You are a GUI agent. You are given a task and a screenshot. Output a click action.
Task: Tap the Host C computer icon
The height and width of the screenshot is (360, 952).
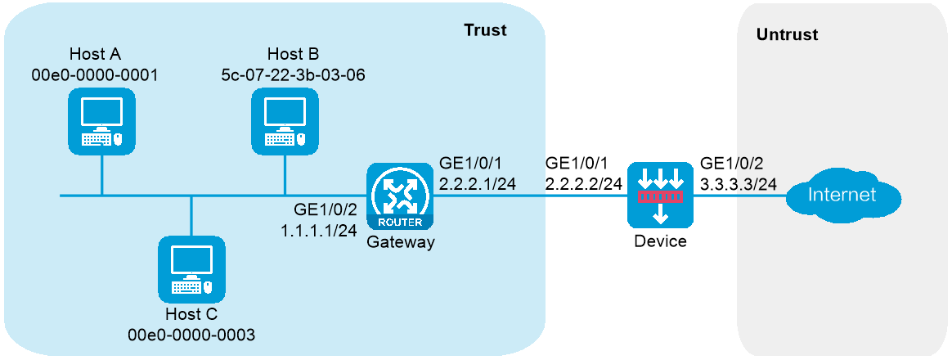coord(191,269)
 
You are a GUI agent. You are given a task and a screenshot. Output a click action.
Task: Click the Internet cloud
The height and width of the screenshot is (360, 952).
coord(842,196)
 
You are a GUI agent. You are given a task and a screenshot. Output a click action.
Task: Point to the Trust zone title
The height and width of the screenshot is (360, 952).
coord(484,29)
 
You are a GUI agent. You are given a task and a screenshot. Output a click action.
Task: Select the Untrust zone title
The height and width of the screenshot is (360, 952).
coord(787,34)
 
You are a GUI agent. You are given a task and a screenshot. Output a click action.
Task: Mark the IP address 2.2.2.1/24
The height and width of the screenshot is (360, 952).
coord(477,184)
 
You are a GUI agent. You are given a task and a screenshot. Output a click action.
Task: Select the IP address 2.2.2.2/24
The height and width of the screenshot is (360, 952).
coord(585,184)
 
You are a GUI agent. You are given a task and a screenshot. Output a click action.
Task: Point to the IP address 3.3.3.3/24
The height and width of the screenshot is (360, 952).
coord(739,184)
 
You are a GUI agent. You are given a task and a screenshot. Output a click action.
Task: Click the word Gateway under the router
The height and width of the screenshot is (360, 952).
coord(400,244)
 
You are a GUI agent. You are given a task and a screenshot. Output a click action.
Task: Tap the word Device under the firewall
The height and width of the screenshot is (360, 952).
coord(660,241)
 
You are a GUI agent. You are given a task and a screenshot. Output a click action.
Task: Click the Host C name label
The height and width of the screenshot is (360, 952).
coord(191,314)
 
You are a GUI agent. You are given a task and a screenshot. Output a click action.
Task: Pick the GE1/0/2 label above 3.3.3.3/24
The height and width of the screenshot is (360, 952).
coord(727,164)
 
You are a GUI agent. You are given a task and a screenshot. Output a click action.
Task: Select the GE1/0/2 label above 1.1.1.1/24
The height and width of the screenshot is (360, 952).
coord(321,210)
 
